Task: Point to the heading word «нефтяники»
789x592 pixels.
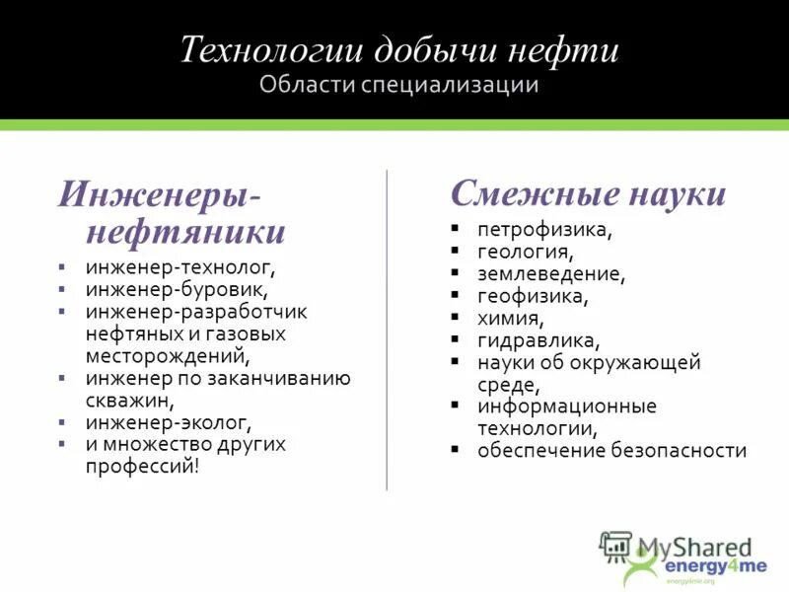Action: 186,233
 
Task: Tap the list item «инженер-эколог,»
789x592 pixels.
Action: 169,422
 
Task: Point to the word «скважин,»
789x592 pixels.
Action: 129,401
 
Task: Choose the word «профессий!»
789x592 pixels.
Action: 142,466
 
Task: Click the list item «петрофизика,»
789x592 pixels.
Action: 545,230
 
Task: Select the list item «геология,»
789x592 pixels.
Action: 525,252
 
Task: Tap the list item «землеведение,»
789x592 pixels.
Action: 551,273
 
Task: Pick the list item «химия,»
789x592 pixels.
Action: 511,318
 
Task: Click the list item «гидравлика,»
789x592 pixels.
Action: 538,340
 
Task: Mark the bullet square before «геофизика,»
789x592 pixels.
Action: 455,295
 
